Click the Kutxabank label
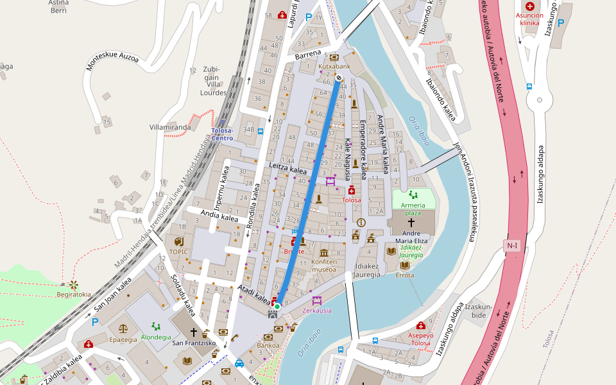334,66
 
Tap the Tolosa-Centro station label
222,133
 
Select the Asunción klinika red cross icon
529,6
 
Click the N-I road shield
511,245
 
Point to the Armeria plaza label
413,209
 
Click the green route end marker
277,307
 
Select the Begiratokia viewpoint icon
73,284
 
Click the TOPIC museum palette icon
178,241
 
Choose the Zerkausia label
317,311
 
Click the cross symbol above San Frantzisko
194,332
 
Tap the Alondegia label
156,337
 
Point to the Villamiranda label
170,127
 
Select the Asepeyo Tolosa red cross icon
420,325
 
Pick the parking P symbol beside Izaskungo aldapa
560,23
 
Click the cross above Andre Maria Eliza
411,221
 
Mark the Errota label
405,275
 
